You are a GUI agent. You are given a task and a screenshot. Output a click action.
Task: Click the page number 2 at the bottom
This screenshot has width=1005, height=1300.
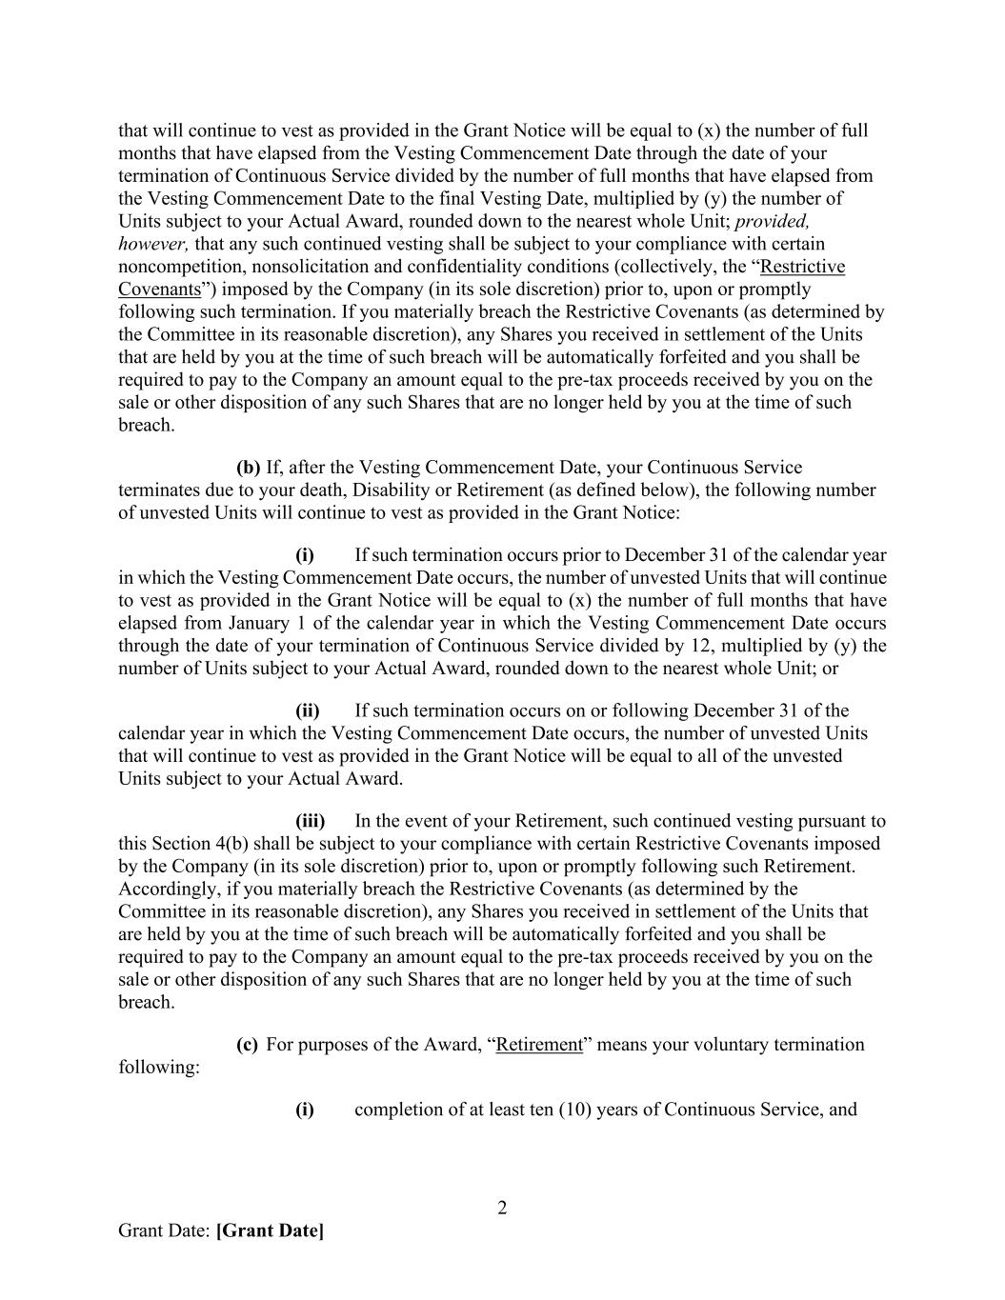pyautogui.click(x=502, y=1209)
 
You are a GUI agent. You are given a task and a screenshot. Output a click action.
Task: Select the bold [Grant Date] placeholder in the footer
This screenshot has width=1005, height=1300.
pyautogui.click(x=270, y=1230)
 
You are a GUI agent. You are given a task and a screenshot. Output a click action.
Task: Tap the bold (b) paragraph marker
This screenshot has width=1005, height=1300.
pyautogui.click(x=248, y=468)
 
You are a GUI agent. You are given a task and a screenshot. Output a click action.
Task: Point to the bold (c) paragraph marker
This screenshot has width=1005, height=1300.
pyautogui.click(x=247, y=1045)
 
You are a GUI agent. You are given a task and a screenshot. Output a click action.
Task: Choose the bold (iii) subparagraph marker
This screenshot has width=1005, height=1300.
pyautogui.click(x=310, y=821)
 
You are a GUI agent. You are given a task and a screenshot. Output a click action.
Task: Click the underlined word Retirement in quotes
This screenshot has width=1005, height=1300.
pyautogui.click(x=539, y=1045)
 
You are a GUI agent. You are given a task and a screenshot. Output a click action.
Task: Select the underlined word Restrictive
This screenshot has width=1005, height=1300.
pyautogui.click(x=802, y=267)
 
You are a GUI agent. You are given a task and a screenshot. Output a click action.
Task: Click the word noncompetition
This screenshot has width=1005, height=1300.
pyautogui.click(x=177, y=267)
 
